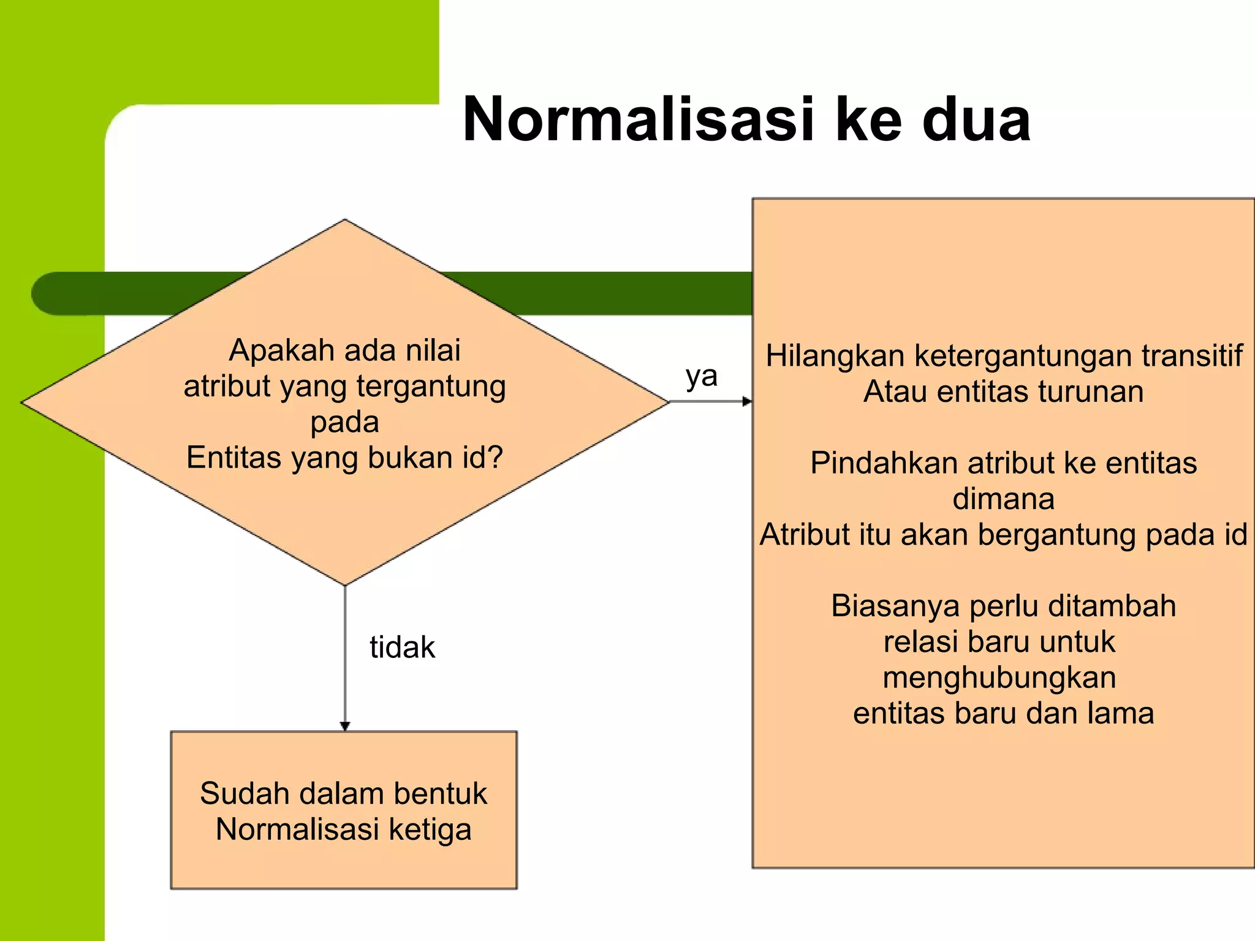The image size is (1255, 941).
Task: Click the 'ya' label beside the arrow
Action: pyautogui.click(x=701, y=377)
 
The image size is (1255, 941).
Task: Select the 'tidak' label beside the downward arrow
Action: pyautogui.click(x=402, y=648)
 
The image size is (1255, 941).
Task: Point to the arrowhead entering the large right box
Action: pyautogui.click(x=747, y=402)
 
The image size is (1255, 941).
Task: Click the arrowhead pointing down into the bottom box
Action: pyautogui.click(x=345, y=726)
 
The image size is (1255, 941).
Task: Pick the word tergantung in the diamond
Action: pyautogui.click(x=431, y=387)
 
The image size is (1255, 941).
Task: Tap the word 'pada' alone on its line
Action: pyautogui.click(x=344, y=422)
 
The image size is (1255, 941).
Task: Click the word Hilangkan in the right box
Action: pyautogui.click(x=835, y=356)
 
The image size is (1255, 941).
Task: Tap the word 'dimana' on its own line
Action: pyautogui.click(x=1003, y=499)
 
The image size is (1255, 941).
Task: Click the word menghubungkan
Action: pyautogui.click(x=999, y=678)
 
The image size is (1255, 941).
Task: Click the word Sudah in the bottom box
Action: pyautogui.click(x=245, y=794)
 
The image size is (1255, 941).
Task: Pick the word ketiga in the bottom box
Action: pyautogui.click(x=430, y=830)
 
